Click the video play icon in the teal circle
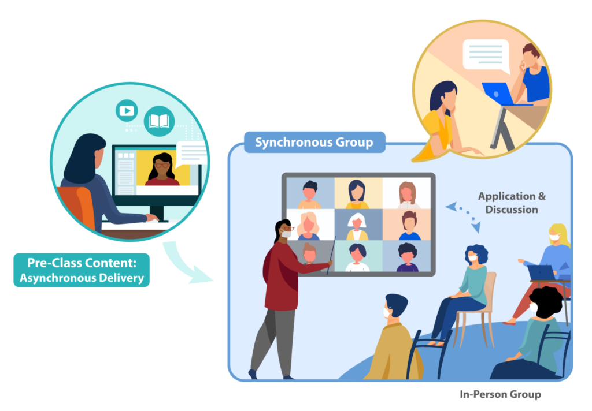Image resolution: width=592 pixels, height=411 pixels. click(x=127, y=110)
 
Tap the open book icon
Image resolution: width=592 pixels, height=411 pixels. click(x=159, y=121)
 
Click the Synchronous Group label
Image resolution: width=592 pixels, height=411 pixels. click(x=314, y=142)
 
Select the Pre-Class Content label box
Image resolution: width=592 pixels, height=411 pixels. click(x=82, y=270)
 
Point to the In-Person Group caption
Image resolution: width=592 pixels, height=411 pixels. click(x=500, y=394)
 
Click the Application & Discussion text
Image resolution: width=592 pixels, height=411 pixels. click(x=512, y=203)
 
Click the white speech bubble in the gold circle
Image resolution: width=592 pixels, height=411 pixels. click(x=486, y=56)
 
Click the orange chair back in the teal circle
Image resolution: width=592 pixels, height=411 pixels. click(x=79, y=206)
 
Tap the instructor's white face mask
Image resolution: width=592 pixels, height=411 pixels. click(x=286, y=234)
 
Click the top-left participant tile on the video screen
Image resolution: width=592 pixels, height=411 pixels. click(x=310, y=193)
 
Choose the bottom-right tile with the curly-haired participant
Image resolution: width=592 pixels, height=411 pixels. click(x=406, y=256)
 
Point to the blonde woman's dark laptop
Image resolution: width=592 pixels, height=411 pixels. click(x=541, y=272)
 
